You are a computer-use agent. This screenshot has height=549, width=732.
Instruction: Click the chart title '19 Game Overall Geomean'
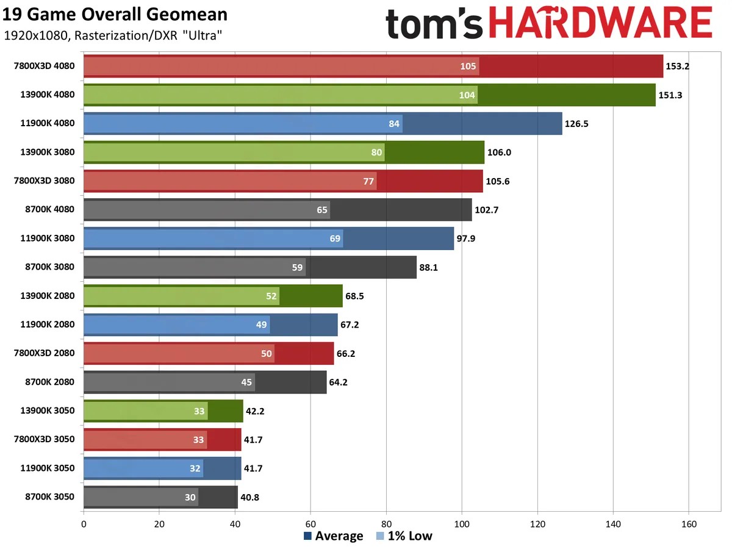click(115, 15)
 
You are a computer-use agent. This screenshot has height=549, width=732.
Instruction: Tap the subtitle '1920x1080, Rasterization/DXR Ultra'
click(112, 36)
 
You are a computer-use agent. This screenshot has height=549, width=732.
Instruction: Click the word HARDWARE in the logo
click(601, 24)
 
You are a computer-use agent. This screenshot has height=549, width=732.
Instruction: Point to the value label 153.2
click(678, 66)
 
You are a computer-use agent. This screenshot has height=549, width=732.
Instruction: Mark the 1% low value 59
click(296, 267)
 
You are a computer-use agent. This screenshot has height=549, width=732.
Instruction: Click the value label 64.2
click(340, 382)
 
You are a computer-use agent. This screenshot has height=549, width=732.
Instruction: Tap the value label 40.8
click(252, 497)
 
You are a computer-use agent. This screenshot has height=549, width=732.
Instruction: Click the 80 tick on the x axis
click(386, 523)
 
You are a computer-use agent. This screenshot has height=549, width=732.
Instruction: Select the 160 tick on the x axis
click(689, 523)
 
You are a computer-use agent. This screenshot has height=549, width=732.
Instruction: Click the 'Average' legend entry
click(333, 536)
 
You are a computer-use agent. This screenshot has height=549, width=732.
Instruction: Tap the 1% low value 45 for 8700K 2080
click(246, 382)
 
